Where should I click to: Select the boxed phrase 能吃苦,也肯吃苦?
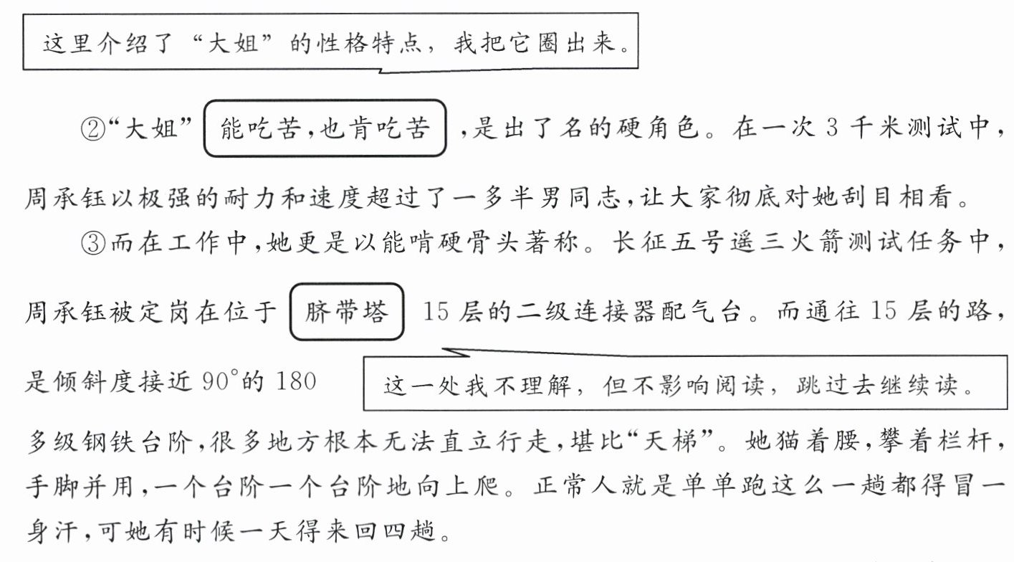pos(325,129)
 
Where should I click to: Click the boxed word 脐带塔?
pos(347,313)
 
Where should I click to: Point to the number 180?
pos(295,381)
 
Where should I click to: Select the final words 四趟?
pos(415,533)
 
